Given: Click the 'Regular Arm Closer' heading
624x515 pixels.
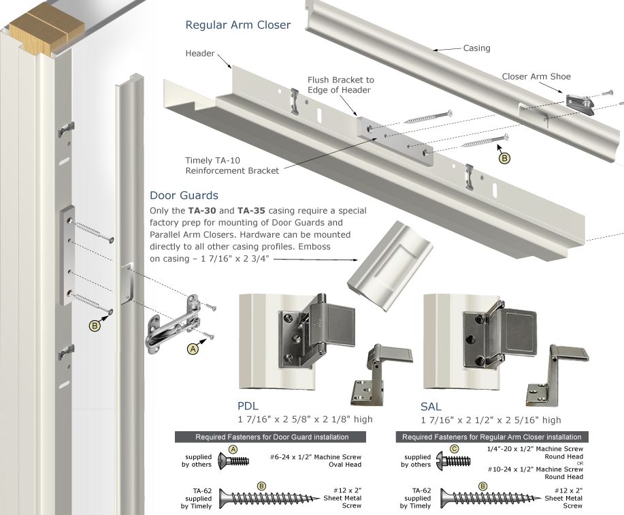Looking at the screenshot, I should click(x=238, y=25).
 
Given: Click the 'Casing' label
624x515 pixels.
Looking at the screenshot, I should click(x=476, y=48).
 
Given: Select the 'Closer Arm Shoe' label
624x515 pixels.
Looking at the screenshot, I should click(x=536, y=76).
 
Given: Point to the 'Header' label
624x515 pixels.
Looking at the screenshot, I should click(x=200, y=53).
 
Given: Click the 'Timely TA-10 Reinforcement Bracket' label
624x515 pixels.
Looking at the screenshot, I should click(x=232, y=166).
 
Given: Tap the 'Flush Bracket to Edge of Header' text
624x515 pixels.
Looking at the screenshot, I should click(x=340, y=84).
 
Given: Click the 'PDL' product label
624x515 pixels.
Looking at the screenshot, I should click(x=249, y=407).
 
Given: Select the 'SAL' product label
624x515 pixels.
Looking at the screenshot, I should click(x=431, y=407).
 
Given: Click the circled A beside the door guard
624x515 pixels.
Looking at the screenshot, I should click(x=193, y=348).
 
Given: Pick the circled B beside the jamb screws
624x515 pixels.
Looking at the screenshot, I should click(x=96, y=326).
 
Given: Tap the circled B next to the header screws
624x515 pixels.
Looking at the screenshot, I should click(x=504, y=158).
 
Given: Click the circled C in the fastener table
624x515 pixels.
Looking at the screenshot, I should click(x=457, y=450).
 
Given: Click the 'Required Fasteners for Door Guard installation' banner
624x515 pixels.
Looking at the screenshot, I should click(x=272, y=437).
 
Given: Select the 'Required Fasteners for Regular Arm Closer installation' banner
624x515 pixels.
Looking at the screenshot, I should click(x=492, y=437).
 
